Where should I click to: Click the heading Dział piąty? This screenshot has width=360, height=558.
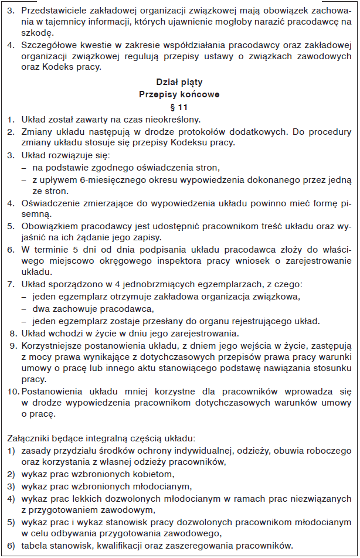[x=180, y=82]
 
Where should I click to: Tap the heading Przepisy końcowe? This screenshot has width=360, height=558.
[x=180, y=93]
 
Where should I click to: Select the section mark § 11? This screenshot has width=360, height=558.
[x=180, y=107]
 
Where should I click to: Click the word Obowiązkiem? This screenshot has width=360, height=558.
[x=50, y=225]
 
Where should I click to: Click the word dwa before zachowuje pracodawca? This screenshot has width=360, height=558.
[x=41, y=308]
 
